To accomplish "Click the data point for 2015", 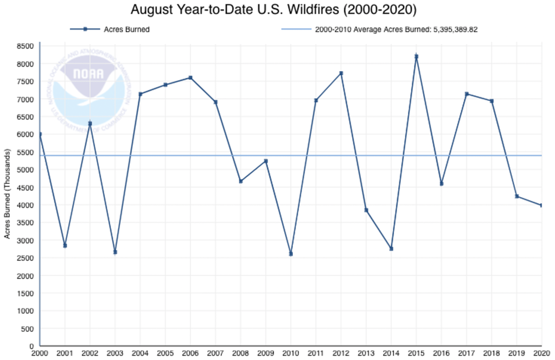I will point(416,56).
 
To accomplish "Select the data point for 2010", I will point(291,254).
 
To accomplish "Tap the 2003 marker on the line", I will point(115,252).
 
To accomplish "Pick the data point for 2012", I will point(341,73).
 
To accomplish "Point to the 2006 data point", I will point(190,78).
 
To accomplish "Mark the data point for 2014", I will point(391,249).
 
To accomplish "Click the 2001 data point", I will point(65,246).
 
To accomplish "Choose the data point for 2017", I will point(467,94).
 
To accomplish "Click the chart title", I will point(277,10).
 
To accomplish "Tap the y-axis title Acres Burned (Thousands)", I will point(8,196).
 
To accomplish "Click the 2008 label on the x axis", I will point(240,353).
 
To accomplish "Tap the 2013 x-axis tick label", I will point(366,353).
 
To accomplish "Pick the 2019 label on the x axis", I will point(516,353).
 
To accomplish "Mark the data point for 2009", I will point(266,161).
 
